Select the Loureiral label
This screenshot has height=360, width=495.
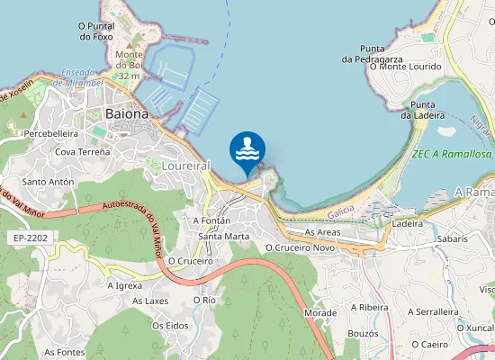188,166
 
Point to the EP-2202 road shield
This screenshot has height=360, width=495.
30,238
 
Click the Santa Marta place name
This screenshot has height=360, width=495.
224,237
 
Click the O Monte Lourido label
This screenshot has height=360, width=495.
406,67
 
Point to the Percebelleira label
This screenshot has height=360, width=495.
51,133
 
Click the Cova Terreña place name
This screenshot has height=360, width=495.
82,153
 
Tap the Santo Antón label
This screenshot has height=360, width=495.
48,182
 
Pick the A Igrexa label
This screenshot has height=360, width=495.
124,285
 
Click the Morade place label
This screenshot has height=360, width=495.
320,312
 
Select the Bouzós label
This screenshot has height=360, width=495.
363,333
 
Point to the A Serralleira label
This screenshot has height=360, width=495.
434,311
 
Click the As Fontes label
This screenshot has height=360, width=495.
65,352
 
